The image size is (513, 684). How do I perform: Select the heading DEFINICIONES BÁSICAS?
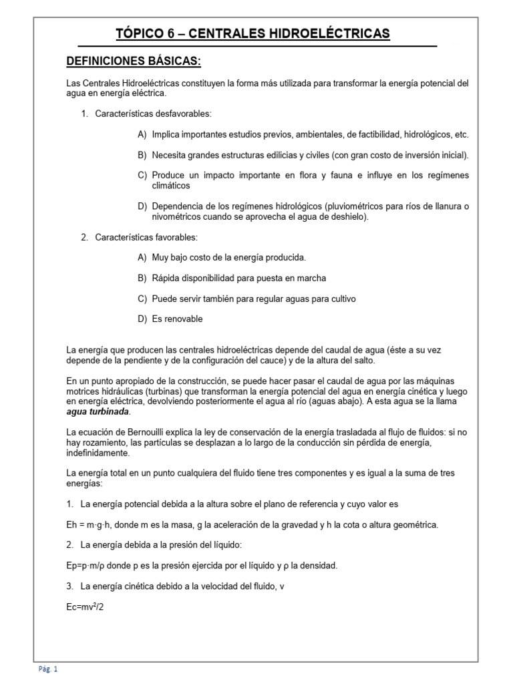coord(134,61)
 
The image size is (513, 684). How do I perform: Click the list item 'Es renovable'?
coord(177,319)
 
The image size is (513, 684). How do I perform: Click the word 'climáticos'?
coord(170,185)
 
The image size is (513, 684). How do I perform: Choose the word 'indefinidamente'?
coord(98,452)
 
